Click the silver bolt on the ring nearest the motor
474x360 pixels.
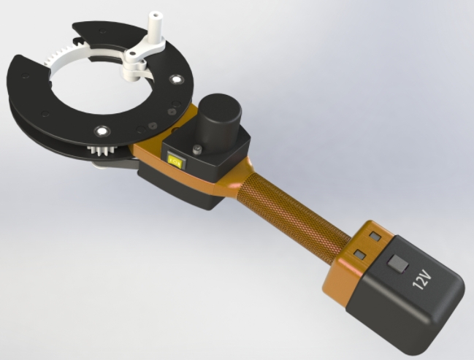click(x=175, y=79)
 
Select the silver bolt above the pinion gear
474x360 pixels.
click(x=100, y=131)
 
